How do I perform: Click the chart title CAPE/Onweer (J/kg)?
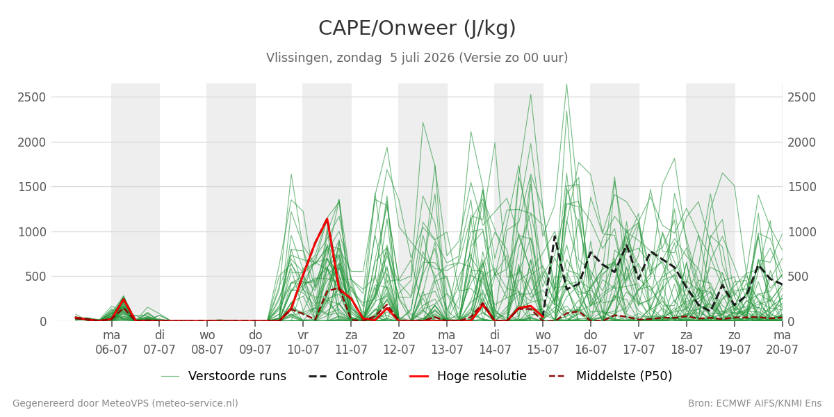pyautogui.click(x=417, y=28)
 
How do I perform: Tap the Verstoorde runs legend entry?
pyautogui.click(x=224, y=376)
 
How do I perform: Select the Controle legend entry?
pyautogui.click(x=348, y=376)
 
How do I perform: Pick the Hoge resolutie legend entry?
pyautogui.click(x=468, y=376)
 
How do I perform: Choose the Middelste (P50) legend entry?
pyautogui.click(x=611, y=376)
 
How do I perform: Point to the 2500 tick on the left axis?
pyautogui.click(x=32, y=97)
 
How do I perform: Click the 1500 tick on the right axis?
pyautogui.click(x=802, y=187)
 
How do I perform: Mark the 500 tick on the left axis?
pyautogui.click(x=35, y=277)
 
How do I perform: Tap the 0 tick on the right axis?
pyautogui.click(x=792, y=322)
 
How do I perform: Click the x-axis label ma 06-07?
pyautogui.click(x=111, y=343)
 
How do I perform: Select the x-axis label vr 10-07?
pyautogui.click(x=303, y=343)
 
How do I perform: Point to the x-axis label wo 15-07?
pyautogui.click(x=543, y=343)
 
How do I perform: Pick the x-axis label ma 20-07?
pyautogui.click(x=782, y=343)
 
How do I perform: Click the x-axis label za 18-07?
pyautogui.click(x=687, y=343)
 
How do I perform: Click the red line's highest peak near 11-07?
pyautogui.click(x=327, y=219)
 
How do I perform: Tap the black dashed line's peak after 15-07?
pyautogui.click(x=555, y=236)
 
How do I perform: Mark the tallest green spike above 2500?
pyautogui.click(x=566, y=84)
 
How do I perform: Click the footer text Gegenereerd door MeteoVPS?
pyautogui.click(x=126, y=404)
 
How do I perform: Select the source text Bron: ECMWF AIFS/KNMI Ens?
pyautogui.click(x=755, y=404)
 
